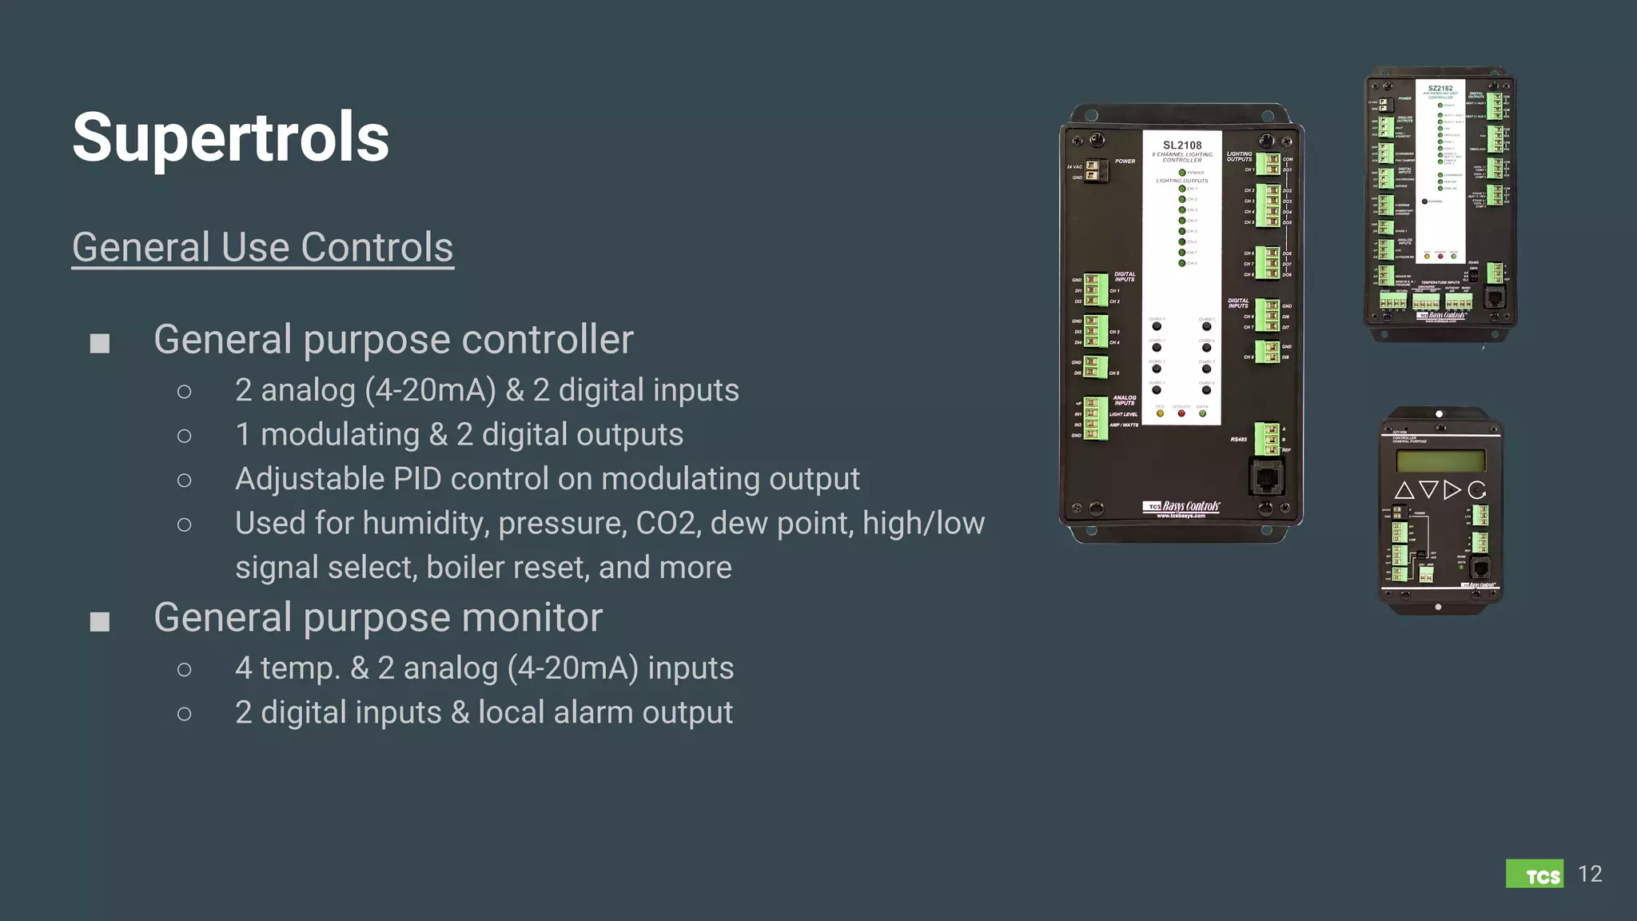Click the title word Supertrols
(x=230, y=138)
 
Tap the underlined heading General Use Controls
(x=262, y=247)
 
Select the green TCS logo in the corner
(x=1534, y=874)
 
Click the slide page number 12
(x=1590, y=874)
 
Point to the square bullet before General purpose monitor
(x=100, y=621)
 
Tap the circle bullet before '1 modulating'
(x=185, y=436)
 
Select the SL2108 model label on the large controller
(x=1182, y=146)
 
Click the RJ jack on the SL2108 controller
(x=1266, y=478)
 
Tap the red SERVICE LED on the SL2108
(x=1181, y=413)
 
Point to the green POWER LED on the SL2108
(x=1182, y=173)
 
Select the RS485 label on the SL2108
(x=1238, y=439)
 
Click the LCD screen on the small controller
(x=1440, y=460)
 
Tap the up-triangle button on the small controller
(x=1404, y=490)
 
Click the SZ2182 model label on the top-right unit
(x=1440, y=88)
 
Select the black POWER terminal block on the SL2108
(x=1093, y=170)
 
